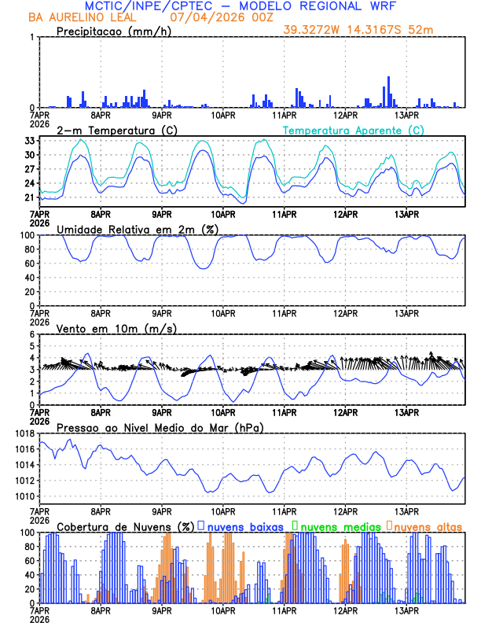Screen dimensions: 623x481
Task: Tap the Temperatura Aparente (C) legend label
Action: point(353,130)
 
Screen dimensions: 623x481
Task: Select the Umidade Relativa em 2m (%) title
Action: point(138,229)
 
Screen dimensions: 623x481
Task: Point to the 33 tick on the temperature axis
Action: point(28,141)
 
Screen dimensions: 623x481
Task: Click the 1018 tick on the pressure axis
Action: point(24,433)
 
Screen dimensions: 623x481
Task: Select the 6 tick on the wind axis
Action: point(33,334)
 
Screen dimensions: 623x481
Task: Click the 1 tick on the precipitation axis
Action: point(33,37)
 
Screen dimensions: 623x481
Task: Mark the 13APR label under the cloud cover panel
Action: point(406,610)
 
